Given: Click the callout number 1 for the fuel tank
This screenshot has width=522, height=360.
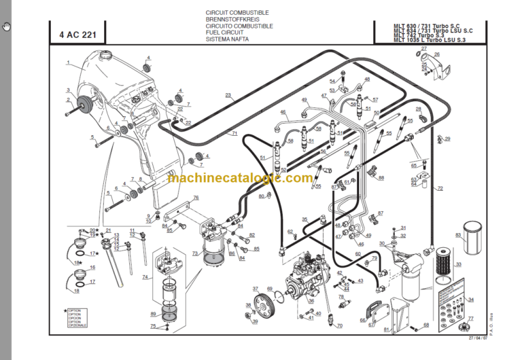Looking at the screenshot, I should tap(68, 62).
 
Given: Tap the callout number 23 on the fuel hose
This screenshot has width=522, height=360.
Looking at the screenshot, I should tap(228, 94).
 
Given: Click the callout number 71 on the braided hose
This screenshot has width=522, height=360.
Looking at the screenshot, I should tap(234, 134).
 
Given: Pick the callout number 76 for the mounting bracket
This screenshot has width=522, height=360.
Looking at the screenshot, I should tap(196, 198).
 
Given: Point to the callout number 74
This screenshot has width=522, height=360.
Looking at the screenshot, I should tap(145, 277).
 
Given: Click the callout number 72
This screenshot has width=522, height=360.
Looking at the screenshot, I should tap(440, 188).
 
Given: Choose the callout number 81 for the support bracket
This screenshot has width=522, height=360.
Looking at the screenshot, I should tap(387, 330).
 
